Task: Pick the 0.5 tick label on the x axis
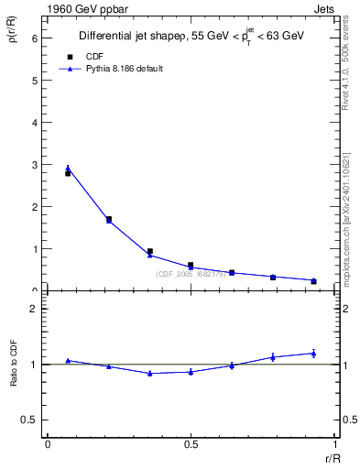[191, 444]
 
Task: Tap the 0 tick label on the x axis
[47, 444]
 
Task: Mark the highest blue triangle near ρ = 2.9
[68, 169]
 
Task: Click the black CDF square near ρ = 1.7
[109, 219]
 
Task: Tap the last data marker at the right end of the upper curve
[314, 280]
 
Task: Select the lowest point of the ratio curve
[149, 373]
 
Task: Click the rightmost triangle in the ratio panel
[314, 353]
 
